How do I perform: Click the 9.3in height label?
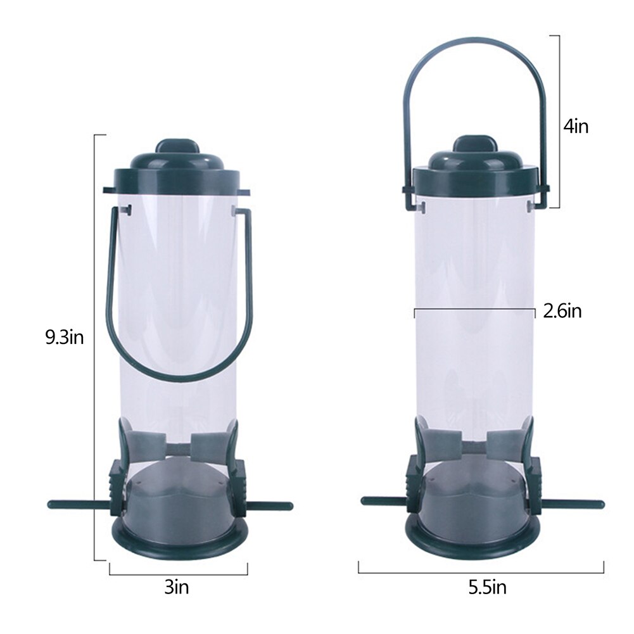coord(65,337)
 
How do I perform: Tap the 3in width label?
coord(177,587)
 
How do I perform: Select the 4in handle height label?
coord(576,127)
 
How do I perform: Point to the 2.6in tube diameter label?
coord(562,312)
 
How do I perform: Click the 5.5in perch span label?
coord(487,588)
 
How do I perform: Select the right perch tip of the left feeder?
coord(289,505)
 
